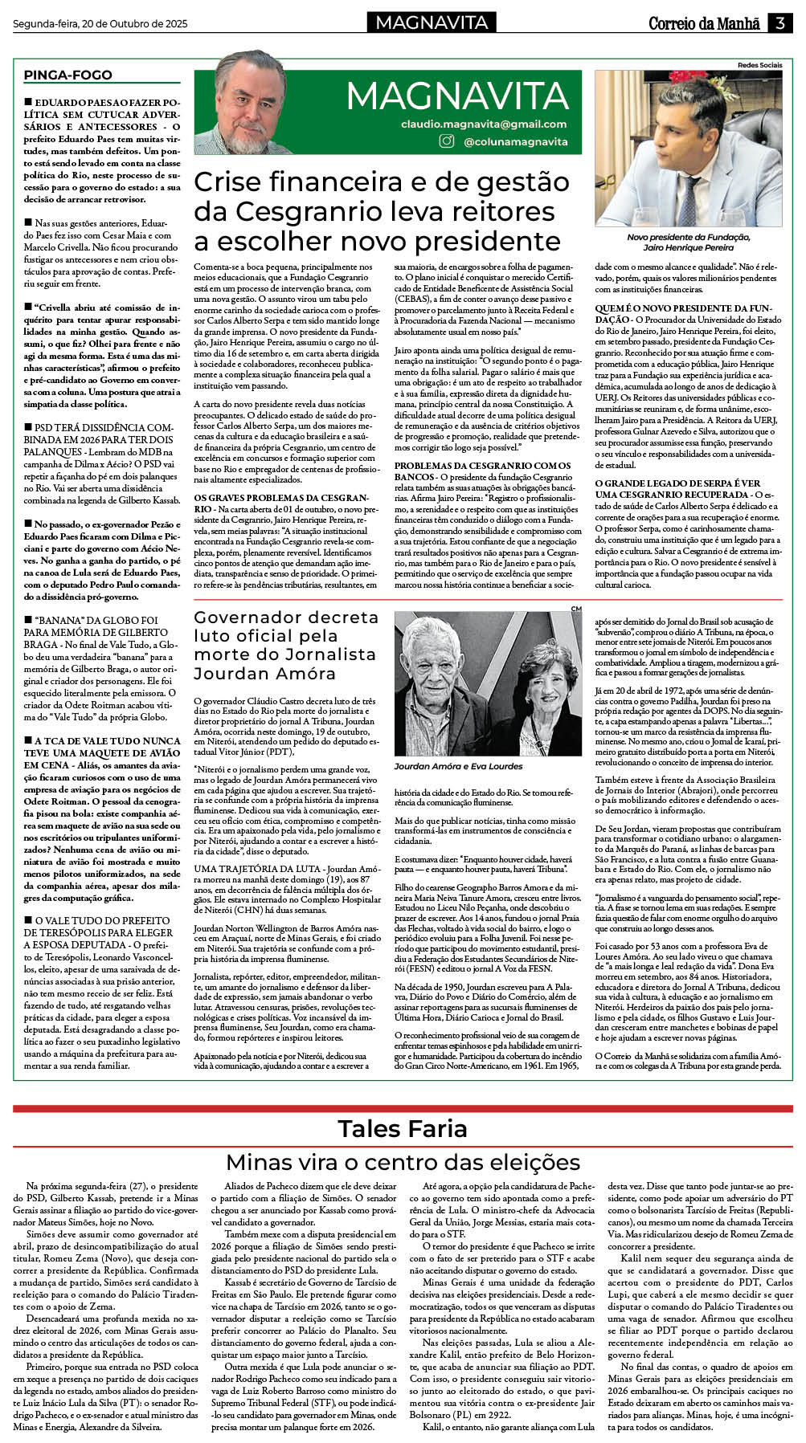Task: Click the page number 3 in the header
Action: click(779, 23)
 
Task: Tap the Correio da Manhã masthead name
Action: click(704, 23)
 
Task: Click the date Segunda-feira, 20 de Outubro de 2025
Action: click(100, 24)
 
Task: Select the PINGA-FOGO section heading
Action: click(68, 75)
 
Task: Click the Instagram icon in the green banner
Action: click(447, 141)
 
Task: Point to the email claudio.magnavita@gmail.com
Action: click(484, 124)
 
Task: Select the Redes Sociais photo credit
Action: click(759, 65)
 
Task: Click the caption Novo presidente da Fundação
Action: click(688, 237)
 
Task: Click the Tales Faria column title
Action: click(402, 1128)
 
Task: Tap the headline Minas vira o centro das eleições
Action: click(402, 1161)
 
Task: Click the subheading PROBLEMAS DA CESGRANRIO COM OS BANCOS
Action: click(482, 471)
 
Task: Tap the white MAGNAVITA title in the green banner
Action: click(458, 96)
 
